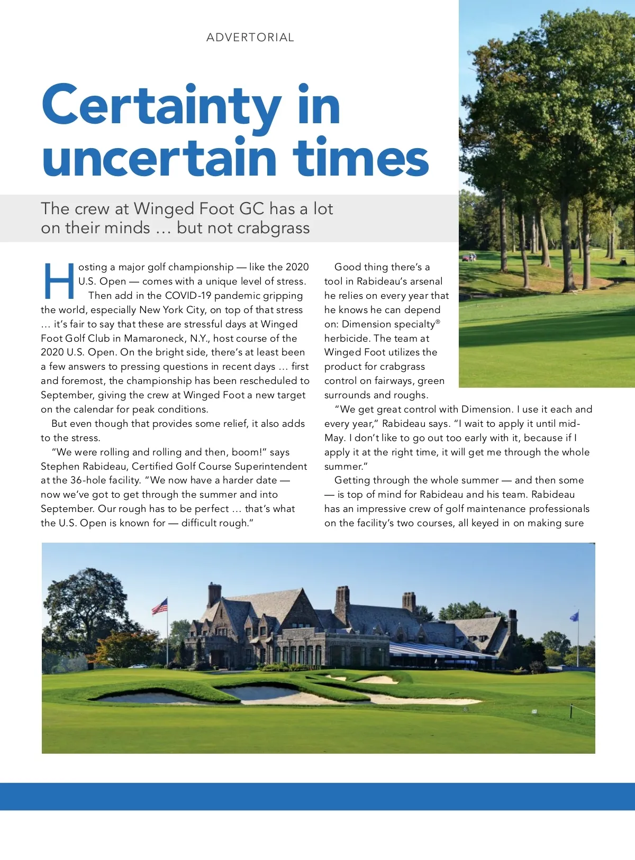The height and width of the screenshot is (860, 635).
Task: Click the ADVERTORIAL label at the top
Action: (250, 38)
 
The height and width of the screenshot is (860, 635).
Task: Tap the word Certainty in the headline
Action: (161, 106)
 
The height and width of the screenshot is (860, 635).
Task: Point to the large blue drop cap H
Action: (58, 281)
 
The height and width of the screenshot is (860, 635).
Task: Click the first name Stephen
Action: (62, 466)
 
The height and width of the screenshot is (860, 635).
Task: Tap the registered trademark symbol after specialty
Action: (438, 322)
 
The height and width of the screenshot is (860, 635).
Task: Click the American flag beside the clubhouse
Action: (160, 606)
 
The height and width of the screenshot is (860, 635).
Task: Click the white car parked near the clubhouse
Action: (137, 666)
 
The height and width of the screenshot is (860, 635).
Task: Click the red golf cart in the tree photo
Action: (469, 258)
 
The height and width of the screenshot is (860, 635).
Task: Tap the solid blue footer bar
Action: (317, 797)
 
